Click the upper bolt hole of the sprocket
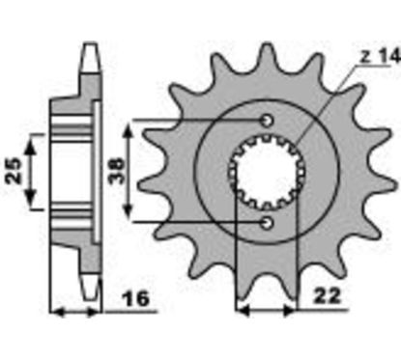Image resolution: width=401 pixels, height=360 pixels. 268,120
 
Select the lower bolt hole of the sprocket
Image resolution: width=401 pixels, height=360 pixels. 268,223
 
